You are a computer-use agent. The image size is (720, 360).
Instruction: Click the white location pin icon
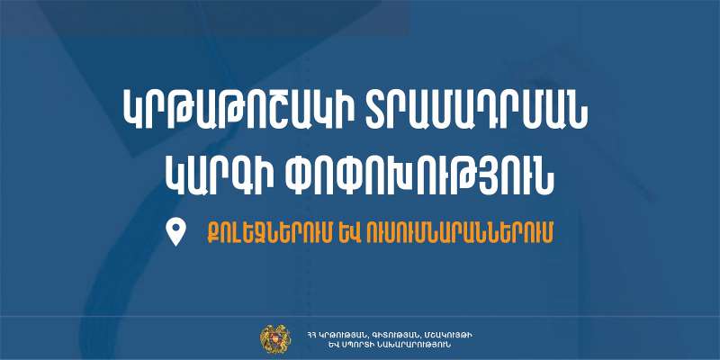point(175,231)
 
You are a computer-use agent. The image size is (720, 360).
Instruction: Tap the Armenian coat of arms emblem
point(275,339)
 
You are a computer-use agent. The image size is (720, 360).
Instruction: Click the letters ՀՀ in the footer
point(312,335)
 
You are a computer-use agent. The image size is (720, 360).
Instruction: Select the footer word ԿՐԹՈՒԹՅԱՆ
point(344,335)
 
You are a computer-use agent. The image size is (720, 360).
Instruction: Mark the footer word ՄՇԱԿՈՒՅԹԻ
point(445,335)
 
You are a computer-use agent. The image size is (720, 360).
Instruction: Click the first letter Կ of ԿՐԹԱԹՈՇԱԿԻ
point(133,109)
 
